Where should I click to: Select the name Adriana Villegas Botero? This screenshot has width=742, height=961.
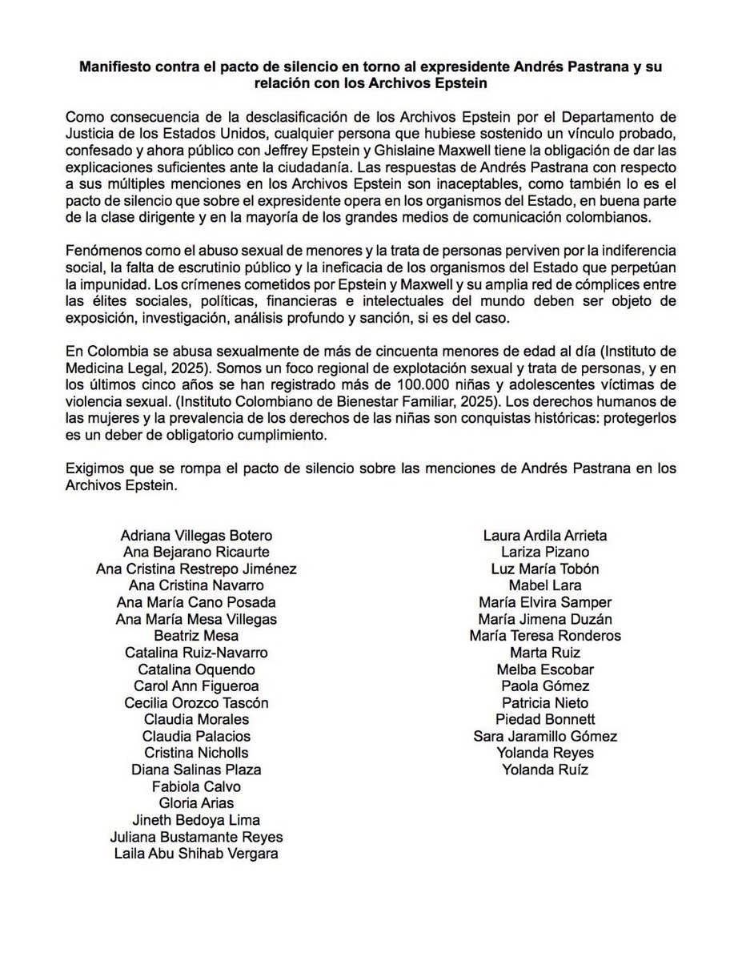point(196,535)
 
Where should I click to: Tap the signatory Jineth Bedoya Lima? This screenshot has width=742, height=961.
point(196,819)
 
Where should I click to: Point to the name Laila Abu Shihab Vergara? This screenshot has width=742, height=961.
point(196,853)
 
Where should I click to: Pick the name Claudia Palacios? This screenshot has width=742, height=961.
point(196,736)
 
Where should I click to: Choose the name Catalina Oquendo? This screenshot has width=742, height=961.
point(196,669)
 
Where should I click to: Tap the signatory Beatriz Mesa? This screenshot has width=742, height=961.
point(196,636)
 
